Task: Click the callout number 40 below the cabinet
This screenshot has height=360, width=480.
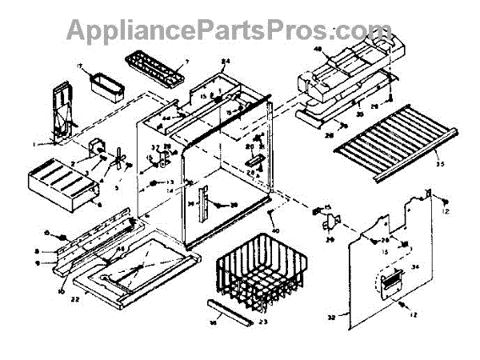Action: click(x=274, y=233)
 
